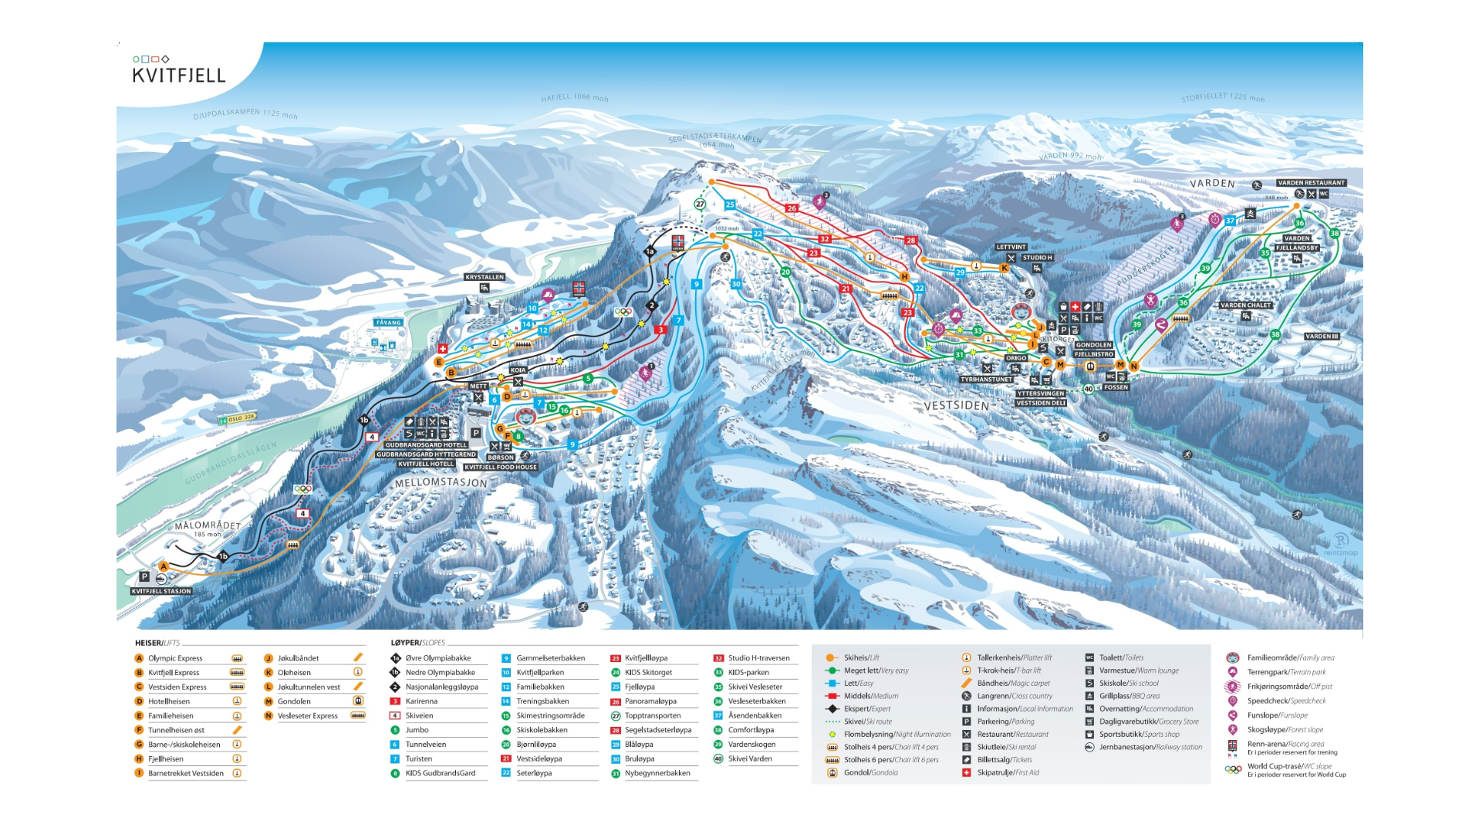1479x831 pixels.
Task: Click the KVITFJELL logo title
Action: click(x=179, y=75)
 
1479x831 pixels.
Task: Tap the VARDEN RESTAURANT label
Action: click(x=1311, y=183)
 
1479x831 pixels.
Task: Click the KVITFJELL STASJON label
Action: click(x=161, y=591)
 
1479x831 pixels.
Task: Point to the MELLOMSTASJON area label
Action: click(x=441, y=482)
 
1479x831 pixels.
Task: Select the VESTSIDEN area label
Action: click(x=956, y=405)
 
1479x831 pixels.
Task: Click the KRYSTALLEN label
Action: click(x=485, y=277)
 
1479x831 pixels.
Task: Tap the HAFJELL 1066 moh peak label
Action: click(x=574, y=98)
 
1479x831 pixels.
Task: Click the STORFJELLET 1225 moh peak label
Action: click(x=1222, y=98)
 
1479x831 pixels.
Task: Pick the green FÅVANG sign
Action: click(x=388, y=323)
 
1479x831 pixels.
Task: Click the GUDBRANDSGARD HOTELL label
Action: click(x=426, y=444)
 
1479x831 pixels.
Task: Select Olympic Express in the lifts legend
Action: click(x=175, y=658)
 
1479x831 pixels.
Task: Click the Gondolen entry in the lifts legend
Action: click(x=294, y=701)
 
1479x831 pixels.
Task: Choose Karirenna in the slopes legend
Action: click(x=421, y=701)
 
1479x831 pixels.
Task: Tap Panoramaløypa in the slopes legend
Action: click(x=650, y=701)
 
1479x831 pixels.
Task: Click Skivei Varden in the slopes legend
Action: click(x=750, y=758)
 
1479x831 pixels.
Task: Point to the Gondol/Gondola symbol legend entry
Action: click(x=870, y=772)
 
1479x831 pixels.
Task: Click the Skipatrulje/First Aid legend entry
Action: click(x=1008, y=772)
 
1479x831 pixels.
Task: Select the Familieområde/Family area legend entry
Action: click(x=1290, y=658)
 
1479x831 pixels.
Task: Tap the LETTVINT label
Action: click(x=1011, y=247)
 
